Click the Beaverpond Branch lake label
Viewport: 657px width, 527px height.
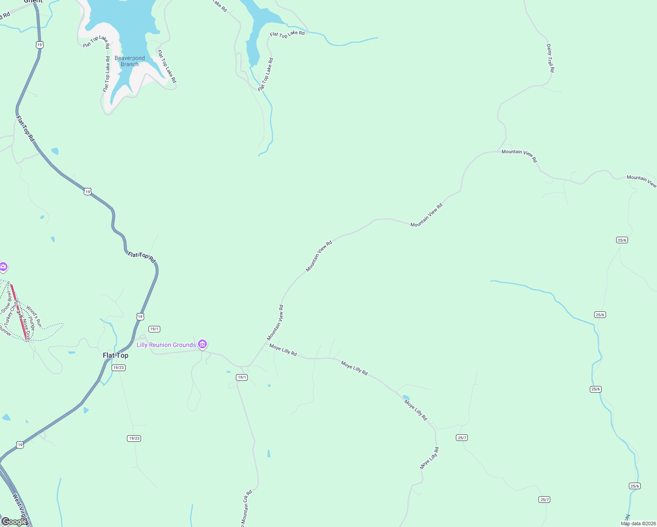click(130, 61)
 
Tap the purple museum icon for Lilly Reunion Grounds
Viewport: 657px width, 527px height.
click(202, 344)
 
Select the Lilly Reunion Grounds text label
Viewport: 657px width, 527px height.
click(166, 345)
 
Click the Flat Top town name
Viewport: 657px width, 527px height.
click(116, 355)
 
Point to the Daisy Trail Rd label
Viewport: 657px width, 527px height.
click(550, 58)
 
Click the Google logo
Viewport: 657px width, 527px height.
click(14, 522)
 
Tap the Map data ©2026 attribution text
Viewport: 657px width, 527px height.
click(638, 523)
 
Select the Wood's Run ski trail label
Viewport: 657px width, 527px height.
click(34, 316)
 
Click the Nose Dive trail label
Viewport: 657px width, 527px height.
click(27, 330)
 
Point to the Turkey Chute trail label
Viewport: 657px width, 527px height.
click(11, 312)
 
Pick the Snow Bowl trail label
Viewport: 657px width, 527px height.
click(7, 303)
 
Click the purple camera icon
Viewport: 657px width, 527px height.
click(3, 267)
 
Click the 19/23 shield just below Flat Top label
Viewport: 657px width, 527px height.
click(119, 368)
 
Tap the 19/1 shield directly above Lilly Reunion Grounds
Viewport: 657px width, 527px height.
click(154, 329)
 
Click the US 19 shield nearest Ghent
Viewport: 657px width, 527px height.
click(40, 45)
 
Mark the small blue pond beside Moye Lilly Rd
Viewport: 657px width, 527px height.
click(406, 398)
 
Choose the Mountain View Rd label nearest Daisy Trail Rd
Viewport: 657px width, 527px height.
click(519, 155)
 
